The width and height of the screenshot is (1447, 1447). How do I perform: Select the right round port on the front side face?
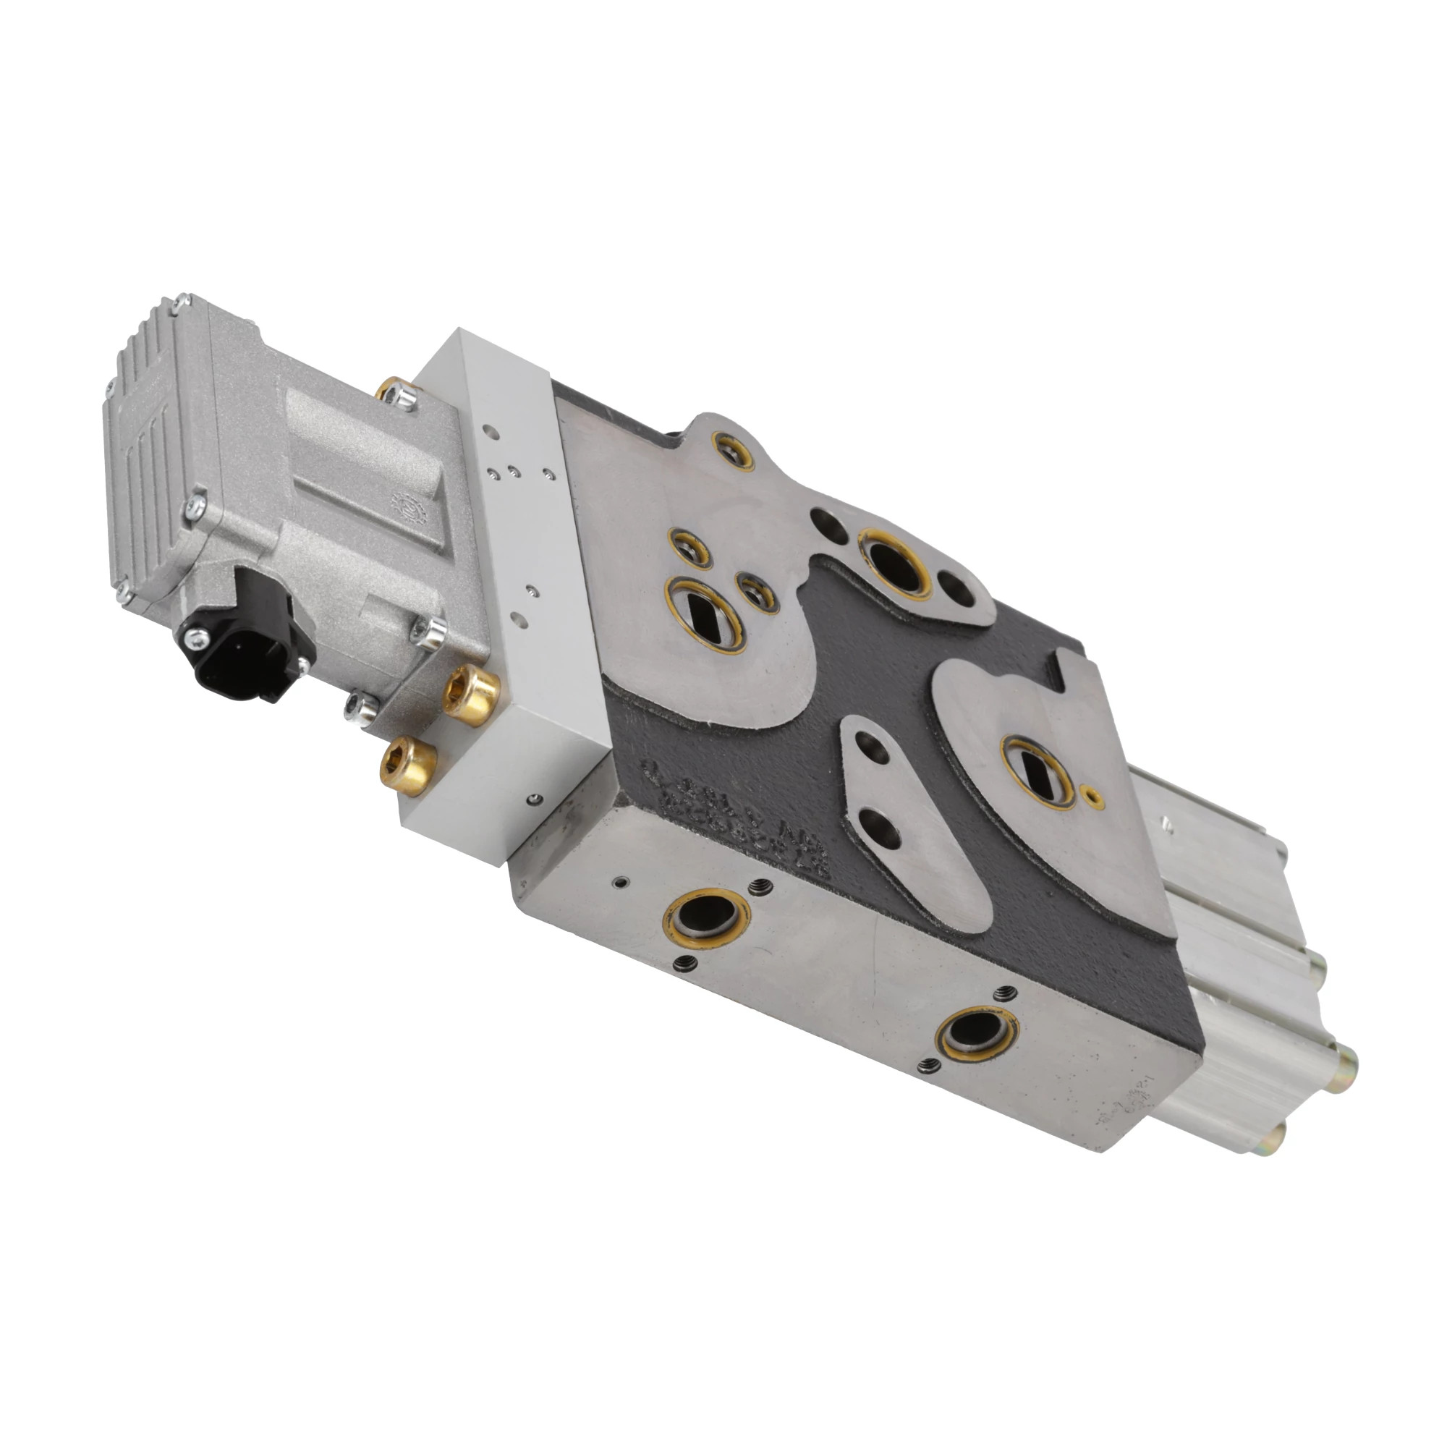(x=978, y=1038)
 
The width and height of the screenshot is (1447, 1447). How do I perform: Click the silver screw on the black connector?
(x=199, y=637)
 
